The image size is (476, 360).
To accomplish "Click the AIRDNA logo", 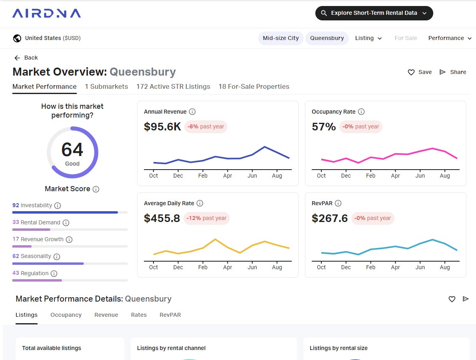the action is (46, 13).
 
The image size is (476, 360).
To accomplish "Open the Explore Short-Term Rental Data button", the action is (374, 13).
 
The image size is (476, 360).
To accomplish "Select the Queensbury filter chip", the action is (327, 38).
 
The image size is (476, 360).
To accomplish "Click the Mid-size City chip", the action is (281, 38).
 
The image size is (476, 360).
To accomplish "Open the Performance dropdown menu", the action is (450, 38).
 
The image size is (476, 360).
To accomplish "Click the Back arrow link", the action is (26, 58).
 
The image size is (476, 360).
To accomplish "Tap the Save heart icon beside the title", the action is (411, 72).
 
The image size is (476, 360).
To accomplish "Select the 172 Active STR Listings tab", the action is (173, 86).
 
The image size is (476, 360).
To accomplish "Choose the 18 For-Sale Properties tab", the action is (254, 86).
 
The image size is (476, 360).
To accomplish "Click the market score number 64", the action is (72, 149).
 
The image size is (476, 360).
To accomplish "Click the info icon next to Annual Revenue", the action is (192, 112).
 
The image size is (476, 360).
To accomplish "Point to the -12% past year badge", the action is (207, 218).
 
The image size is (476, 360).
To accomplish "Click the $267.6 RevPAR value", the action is (330, 218).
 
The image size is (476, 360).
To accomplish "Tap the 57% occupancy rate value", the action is (324, 127).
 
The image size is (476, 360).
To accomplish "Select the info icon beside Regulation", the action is (54, 274).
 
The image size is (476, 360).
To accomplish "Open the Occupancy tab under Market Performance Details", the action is (66, 315).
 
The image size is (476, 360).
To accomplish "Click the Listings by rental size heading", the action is (339, 348).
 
